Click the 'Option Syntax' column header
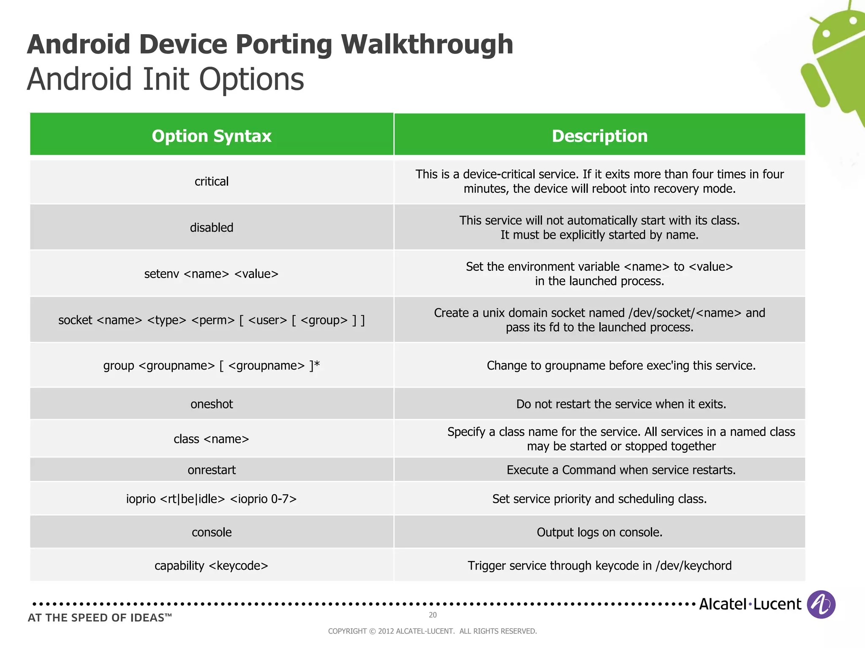pos(211,136)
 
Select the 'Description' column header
pos(599,136)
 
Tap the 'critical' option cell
pos(211,181)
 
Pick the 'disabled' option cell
pos(211,227)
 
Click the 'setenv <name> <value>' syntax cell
pos(211,274)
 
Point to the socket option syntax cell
pos(211,320)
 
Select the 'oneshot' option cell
pos(211,404)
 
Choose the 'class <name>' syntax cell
pos(211,439)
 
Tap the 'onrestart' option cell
pos(211,470)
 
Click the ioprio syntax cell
pos(211,499)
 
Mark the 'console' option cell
pos(211,532)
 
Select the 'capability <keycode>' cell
pos(211,566)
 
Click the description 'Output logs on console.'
pos(599,532)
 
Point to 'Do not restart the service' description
pos(621,404)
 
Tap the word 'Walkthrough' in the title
pos(427,44)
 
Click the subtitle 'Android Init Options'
pos(166,79)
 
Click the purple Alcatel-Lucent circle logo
pos(821,604)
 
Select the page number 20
pos(432,615)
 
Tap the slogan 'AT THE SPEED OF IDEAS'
pos(100,618)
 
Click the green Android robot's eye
pos(827,33)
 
